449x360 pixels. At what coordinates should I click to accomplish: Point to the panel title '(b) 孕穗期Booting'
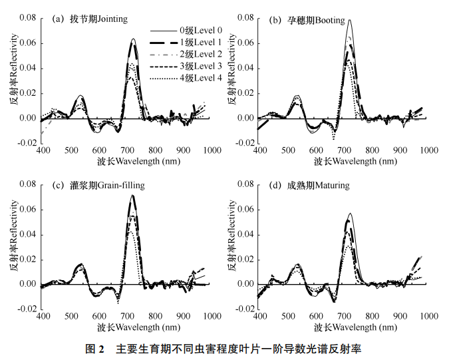(x=306, y=20)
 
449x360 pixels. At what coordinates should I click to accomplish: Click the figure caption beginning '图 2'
(x=224, y=349)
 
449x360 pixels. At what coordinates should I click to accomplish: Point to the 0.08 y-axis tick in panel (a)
(x=27, y=18)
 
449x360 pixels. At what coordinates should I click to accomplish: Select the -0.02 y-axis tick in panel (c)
(x=26, y=309)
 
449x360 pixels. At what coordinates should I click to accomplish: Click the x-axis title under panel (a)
(x=126, y=162)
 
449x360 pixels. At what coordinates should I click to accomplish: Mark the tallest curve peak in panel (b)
(x=349, y=20)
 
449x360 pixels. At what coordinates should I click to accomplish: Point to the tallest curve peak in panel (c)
(x=133, y=195)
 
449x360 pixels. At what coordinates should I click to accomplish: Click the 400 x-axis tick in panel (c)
(x=42, y=317)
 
